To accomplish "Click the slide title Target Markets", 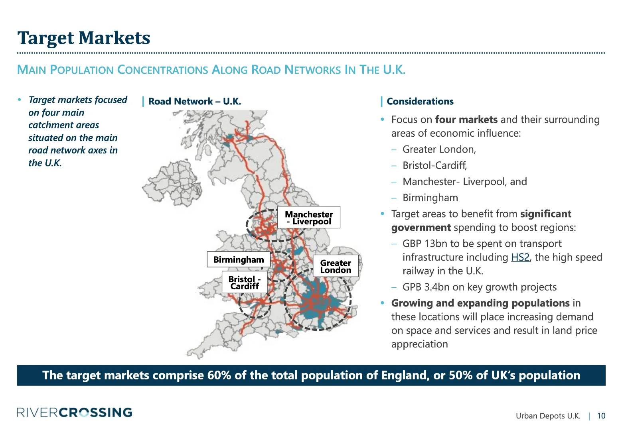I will tap(84, 38).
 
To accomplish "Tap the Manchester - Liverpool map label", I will tap(309, 218).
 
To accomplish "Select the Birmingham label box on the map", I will tap(239, 259).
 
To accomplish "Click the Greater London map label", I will tap(336, 266).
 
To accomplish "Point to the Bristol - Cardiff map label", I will tap(244, 282).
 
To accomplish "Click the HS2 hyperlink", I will tap(520, 257).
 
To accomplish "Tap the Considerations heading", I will tap(420, 102).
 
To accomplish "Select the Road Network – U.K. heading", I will tap(194, 102).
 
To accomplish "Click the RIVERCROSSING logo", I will tap(75, 412).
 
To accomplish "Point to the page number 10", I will tap(601, 416).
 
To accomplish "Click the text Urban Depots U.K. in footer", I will tap(548, 416).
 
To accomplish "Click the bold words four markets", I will tap(466, 120).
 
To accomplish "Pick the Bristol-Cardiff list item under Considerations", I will tap(434, 165).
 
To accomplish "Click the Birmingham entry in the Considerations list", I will tap(430, 198).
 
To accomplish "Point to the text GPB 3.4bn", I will tap(427, 287).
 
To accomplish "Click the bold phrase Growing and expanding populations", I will tap(480, 303).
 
